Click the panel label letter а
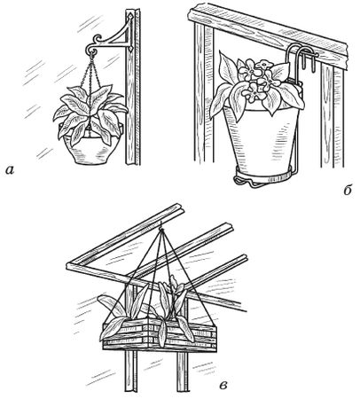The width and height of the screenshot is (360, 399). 10,170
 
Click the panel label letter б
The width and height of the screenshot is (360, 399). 348,190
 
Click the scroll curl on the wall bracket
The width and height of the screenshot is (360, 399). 98,39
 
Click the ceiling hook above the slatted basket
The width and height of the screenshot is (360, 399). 160,228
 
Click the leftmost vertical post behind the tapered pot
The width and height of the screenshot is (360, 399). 203,95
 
